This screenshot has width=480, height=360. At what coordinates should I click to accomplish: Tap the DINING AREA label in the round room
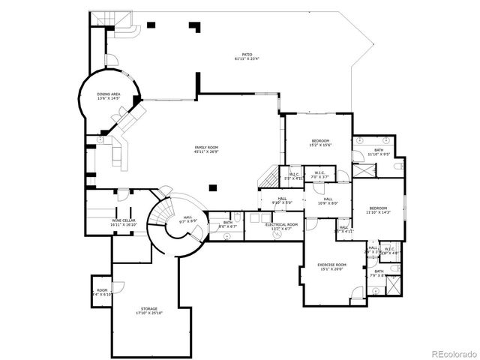tap(109, 94)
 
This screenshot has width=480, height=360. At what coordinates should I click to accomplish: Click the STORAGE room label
tap(148, 308)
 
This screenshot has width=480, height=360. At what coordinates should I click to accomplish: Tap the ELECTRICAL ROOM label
tap(281, 224)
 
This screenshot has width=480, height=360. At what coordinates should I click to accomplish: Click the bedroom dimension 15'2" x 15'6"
tap(321, 145)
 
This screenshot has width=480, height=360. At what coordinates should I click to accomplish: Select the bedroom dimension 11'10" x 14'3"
tap(378, 212)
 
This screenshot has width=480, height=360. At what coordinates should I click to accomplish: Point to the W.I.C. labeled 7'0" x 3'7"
tap(319, 177)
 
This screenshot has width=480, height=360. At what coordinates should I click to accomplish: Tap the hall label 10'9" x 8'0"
tap(328, 203)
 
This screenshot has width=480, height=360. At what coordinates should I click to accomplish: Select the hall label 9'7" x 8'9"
tap(186, 220)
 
